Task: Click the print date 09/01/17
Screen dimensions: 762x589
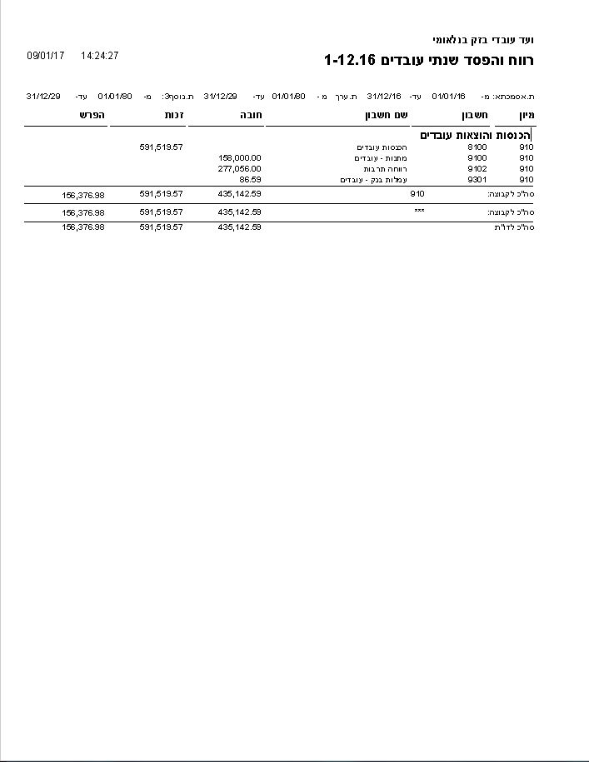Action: (x=46, y=56)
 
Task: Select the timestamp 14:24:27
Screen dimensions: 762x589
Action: (x=100, y=56)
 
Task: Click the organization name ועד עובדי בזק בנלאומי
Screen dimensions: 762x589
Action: (x=482, y=40)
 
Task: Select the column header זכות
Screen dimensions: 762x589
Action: (x=174, y=116)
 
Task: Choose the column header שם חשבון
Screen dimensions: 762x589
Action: (x=383, y=116)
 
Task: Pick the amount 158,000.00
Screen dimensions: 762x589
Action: (x=240, y=157)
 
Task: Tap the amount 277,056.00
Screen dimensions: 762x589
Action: (x=240, y=168)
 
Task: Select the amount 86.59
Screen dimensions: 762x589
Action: (x=250, y=179)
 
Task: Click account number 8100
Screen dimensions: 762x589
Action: (x=477, y=147)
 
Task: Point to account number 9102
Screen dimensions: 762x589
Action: (x=477, y=168)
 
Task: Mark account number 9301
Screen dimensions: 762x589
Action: (x=477, y=179)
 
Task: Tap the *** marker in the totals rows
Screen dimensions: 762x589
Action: (x=419, y=212)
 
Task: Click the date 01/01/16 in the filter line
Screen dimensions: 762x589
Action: (x=448, y=97)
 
